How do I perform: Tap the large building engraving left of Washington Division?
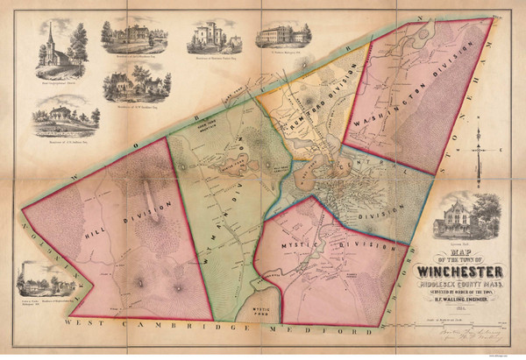[x=282, y=33]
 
